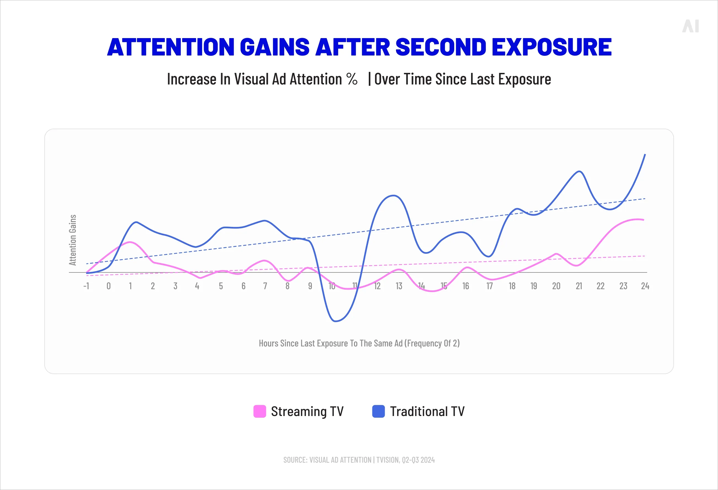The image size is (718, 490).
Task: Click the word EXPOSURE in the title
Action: pyautogui.click(x=551, y=47)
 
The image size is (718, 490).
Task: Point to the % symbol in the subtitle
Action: pyautogui.click(x=352, y=79)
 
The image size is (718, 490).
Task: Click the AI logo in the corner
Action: pyautogui.click(x=690, y=26)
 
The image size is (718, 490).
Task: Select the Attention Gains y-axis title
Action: pyautogui.click(x=72, y=240)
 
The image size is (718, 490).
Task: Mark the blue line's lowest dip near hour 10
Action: pyautogui.click(x=335, y=321)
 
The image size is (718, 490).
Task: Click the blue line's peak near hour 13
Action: pyautogui.click(x=393, y=195)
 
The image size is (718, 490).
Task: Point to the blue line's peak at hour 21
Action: pyautogui.click(x=579, y=171)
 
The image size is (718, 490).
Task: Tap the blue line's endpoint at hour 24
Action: pyautogui.click(x=645, y=154)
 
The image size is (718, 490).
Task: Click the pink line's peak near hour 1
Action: pyautogui.click(x=130, y=242)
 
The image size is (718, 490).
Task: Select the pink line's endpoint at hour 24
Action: pyautogui.click(x=644, y=220)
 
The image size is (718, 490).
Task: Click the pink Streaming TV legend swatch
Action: pyautogui.click(x=260, y=411)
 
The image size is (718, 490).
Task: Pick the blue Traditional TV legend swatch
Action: pyautogui.click(x=378, y=411)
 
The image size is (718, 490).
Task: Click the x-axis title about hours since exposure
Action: pyautogui.click(x=359, y=343)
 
